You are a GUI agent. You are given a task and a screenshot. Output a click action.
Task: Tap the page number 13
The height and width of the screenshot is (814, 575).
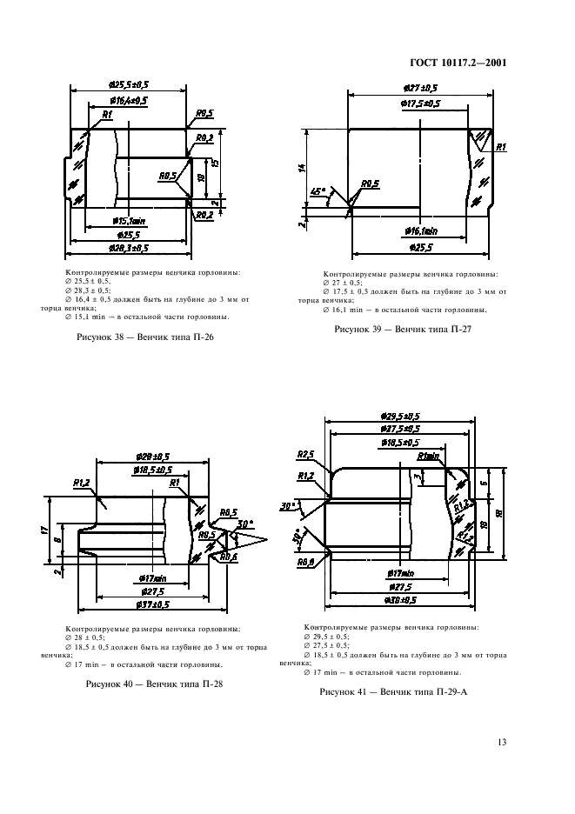pos(502,742)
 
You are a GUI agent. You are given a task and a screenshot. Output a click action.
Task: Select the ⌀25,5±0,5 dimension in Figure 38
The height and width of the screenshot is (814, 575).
pos(129,83)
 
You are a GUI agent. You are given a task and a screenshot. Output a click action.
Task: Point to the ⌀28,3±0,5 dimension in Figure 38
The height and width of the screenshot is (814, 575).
pos(129,248)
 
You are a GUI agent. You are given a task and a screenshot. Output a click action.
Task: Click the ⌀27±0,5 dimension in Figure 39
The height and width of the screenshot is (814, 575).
pos(420,88)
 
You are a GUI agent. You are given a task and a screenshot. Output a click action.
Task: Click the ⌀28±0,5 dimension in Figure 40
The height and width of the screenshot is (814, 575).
pos(152,457)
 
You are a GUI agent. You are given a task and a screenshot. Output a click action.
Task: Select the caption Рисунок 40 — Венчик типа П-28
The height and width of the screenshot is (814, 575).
pos(155,685)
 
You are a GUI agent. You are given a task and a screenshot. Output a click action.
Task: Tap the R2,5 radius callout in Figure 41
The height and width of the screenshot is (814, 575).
pos(304,454)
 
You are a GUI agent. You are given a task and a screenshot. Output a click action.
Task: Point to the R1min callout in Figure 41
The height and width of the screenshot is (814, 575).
pos(428,456)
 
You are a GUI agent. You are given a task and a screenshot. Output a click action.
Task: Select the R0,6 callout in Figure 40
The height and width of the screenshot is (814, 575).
pos(230,557)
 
